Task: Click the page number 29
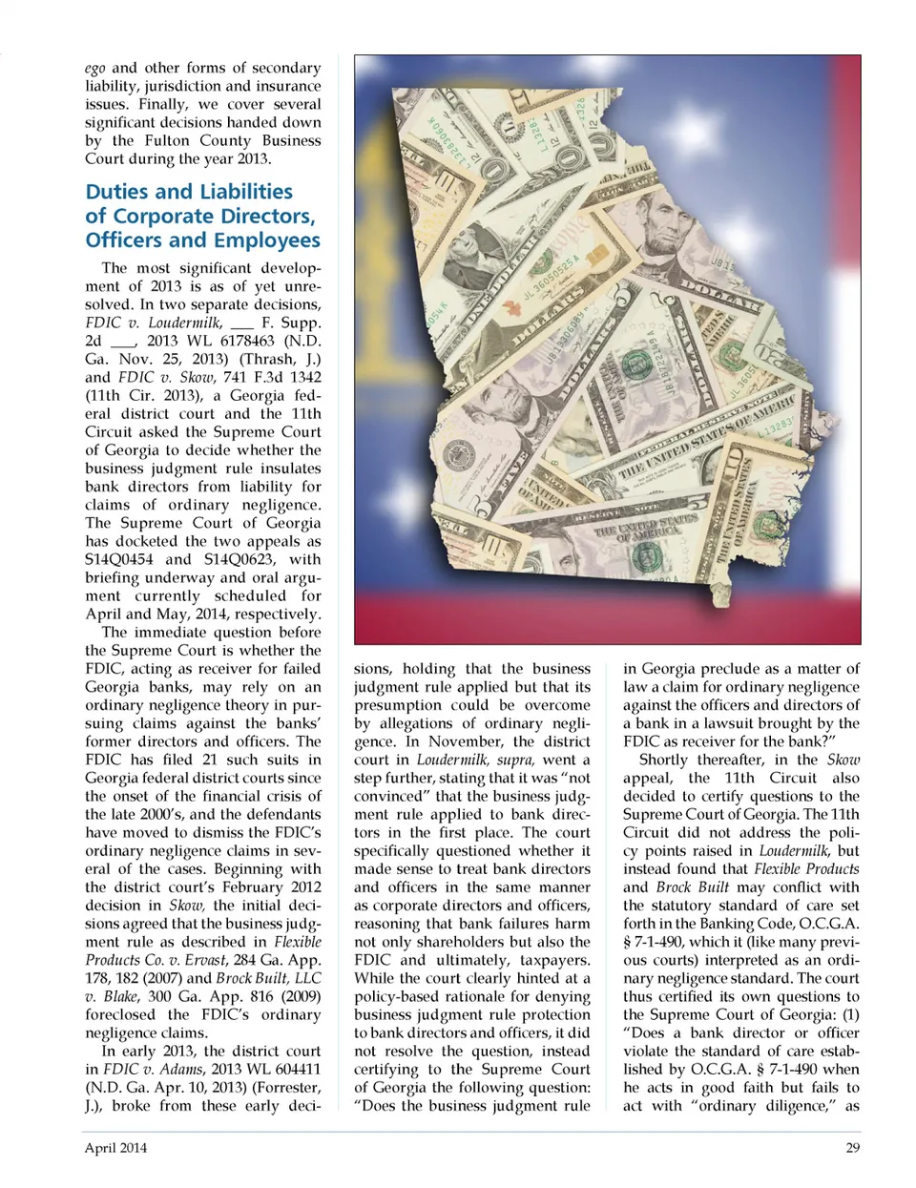coord(852,1148)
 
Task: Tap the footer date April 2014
coord(115,1148)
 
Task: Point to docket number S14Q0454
coord(118,559)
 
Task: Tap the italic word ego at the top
coord(94,68)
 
